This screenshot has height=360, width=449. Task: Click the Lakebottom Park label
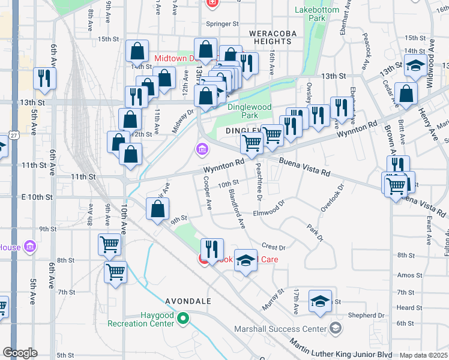(x=310, y=14)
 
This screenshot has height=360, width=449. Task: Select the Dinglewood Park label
(x=250, y=111)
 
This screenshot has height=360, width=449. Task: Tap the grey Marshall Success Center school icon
(x=336, y=328)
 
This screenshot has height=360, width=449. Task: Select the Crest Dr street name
(x=273, y=247)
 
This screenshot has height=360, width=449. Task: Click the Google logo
(x=20, y=353)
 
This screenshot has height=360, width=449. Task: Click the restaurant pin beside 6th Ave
(x=44, y=78)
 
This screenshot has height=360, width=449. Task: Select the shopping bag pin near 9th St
(x=157, y=210)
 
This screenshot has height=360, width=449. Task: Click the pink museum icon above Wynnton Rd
(x=202, y=148)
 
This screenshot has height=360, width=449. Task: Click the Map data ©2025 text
(x=423, y=355)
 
